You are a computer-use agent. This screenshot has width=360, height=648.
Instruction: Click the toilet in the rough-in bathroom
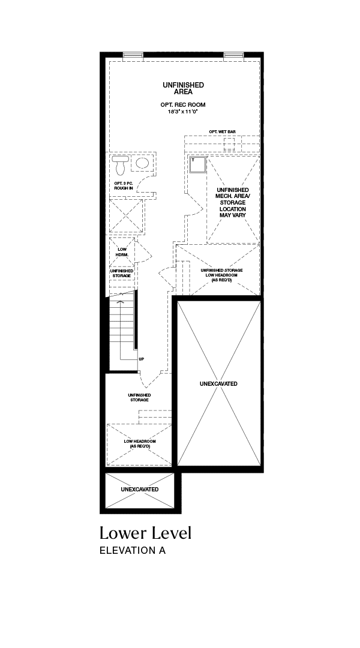tap(120, 166)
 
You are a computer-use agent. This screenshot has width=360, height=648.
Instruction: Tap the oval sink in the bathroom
tap(143, 164)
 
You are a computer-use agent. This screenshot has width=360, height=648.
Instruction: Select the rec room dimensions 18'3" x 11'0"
tap(183, 111)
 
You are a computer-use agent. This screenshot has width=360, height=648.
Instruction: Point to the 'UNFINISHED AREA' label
tap(183, 88)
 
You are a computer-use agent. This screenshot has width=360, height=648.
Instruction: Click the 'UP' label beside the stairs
tap(142, 359)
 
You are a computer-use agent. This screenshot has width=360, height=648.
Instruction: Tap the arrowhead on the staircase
tap(121, 301)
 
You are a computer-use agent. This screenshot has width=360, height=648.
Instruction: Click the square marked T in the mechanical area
tap(197, 165)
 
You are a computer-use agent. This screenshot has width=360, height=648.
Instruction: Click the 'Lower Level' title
tap(145, 533)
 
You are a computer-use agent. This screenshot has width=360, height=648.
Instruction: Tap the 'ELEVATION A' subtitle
tap(133, 550)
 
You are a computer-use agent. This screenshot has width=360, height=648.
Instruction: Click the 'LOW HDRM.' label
tap(122, 252)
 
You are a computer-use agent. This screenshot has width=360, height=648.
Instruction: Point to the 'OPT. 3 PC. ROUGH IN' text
tap(124, 185)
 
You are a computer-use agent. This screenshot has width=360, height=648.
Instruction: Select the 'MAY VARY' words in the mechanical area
tap(233, 215)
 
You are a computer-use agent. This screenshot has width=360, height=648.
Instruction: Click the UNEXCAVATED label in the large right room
tap(218, 383)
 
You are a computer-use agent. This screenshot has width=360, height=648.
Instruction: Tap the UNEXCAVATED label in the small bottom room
tap(140, 490)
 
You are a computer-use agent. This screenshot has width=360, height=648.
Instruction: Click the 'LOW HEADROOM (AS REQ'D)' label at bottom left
tap(140, 444)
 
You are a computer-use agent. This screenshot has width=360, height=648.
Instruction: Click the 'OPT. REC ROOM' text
tap(183, 104)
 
